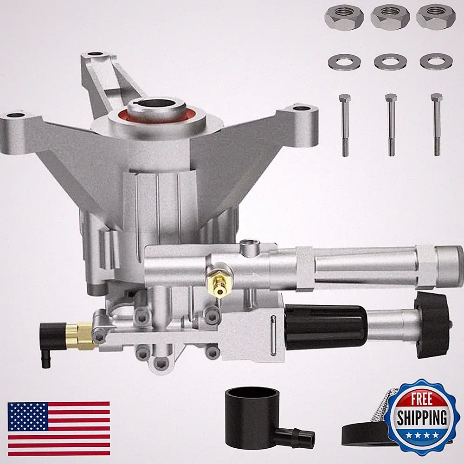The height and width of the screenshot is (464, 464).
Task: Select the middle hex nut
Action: coord(390,17)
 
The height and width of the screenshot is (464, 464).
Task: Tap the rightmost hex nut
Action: coord(436,17)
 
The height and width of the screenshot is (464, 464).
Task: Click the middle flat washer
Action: coord(390,61)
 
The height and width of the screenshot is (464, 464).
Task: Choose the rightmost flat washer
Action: coord(436,61)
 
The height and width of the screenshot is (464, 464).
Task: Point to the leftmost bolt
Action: coord(345,125)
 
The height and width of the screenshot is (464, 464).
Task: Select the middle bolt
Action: coord(391,125)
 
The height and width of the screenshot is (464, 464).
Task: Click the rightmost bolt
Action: coord(437,125)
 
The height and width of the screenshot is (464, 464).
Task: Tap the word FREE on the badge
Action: coord(421,399)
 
